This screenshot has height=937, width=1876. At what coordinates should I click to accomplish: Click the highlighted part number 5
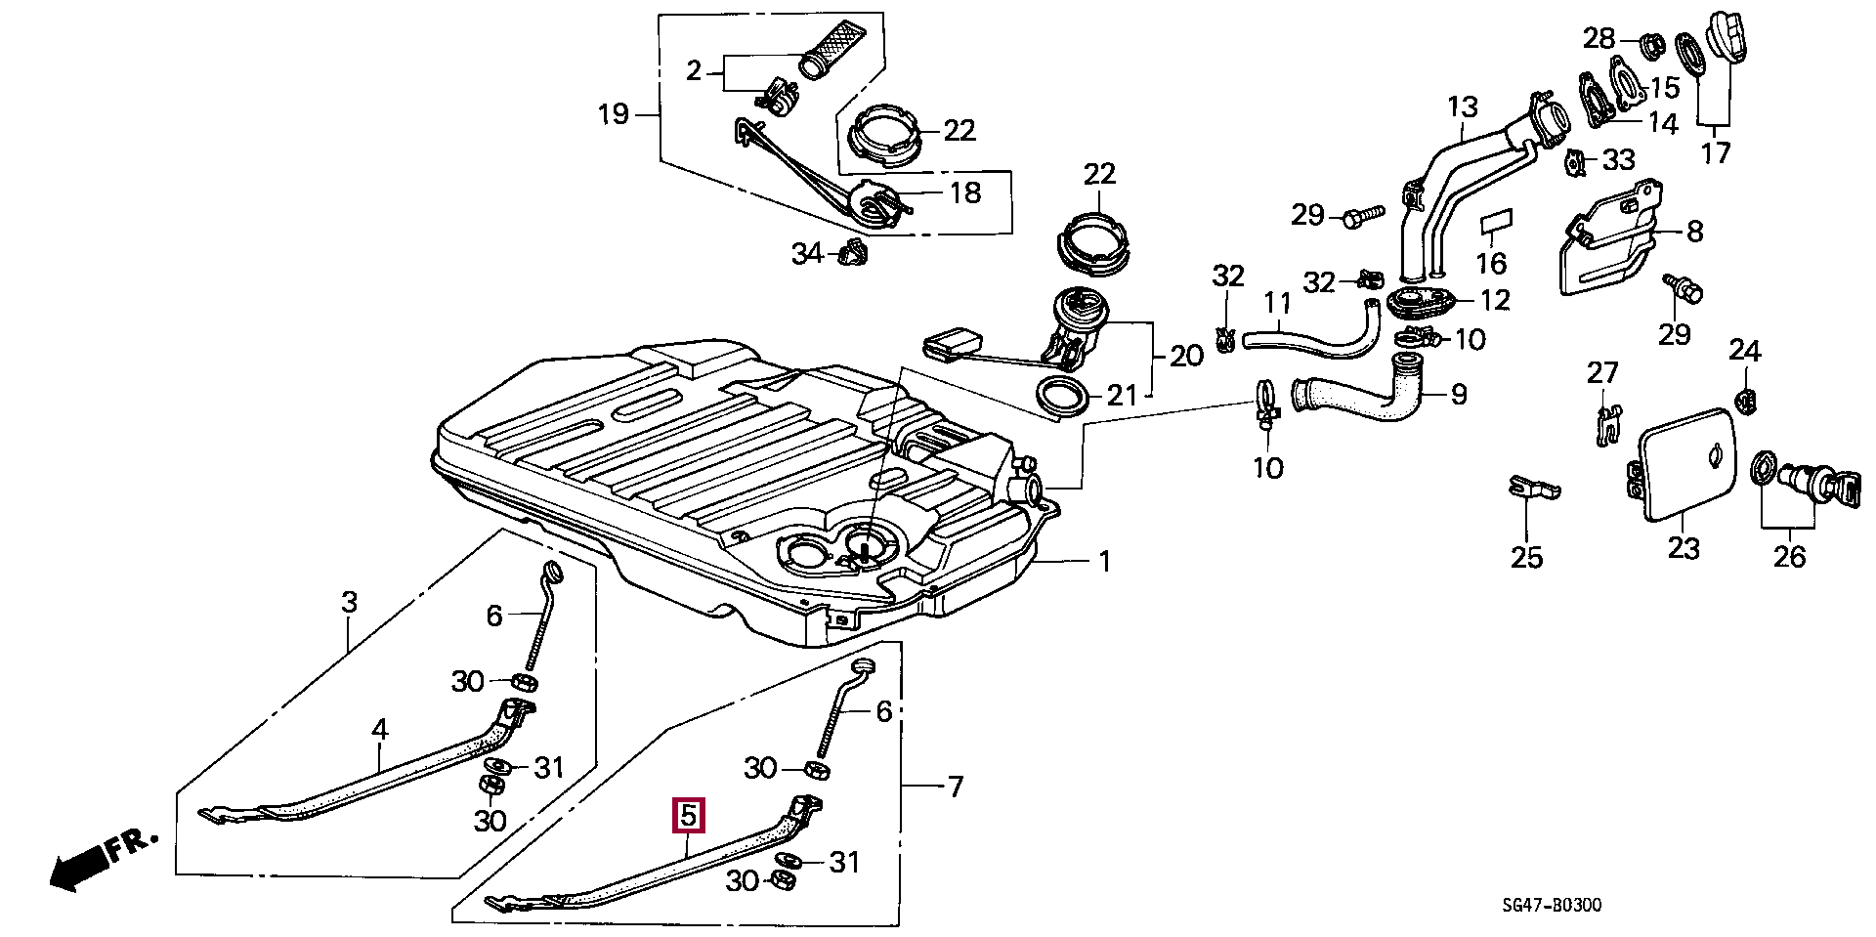(x=688, y=814)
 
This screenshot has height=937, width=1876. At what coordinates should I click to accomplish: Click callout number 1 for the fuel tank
(x=1104, y=562)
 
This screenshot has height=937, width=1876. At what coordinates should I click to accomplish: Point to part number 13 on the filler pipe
(x=1463, y=106)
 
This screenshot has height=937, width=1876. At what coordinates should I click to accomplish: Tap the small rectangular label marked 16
(x=1495, y=224)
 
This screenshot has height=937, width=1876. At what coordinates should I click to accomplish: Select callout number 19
(x=613, y=115)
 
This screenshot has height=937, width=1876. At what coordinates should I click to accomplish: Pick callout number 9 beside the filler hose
(x=1459, y=395)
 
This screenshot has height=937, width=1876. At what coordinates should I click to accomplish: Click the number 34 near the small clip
(x=807, y=255)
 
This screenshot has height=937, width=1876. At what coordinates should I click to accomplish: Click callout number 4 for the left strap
(x=379, y=729)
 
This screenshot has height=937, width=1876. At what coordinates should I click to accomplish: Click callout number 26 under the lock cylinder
(x=1790, y=557)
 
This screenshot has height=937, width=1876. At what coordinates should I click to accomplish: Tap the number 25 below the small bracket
(x=1526, y=557)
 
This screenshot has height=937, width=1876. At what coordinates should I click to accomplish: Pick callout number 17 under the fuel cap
(x=1716, y=152)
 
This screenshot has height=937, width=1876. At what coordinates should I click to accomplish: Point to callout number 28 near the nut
(x=1599, y=38)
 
